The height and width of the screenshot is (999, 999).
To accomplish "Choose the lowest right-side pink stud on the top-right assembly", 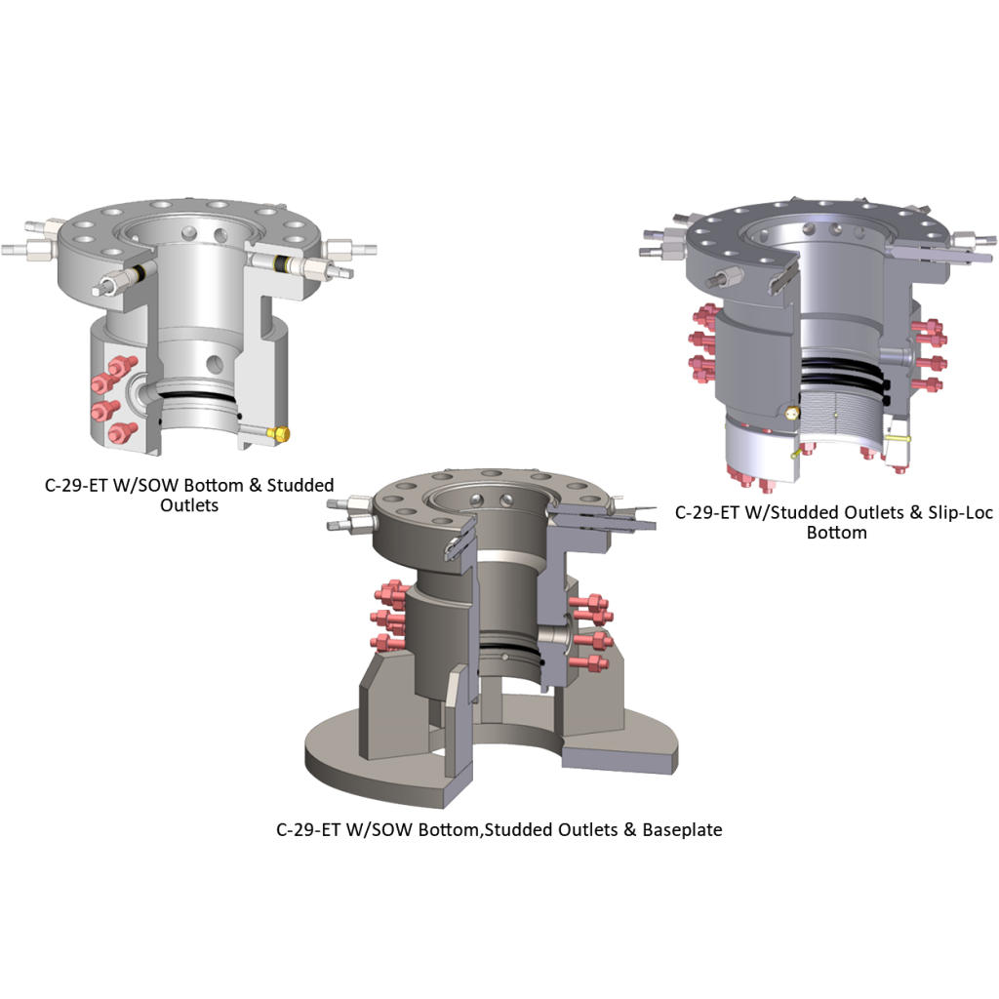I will coord(928,383).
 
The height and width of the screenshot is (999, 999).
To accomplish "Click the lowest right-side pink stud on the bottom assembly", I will coord(590,662).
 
